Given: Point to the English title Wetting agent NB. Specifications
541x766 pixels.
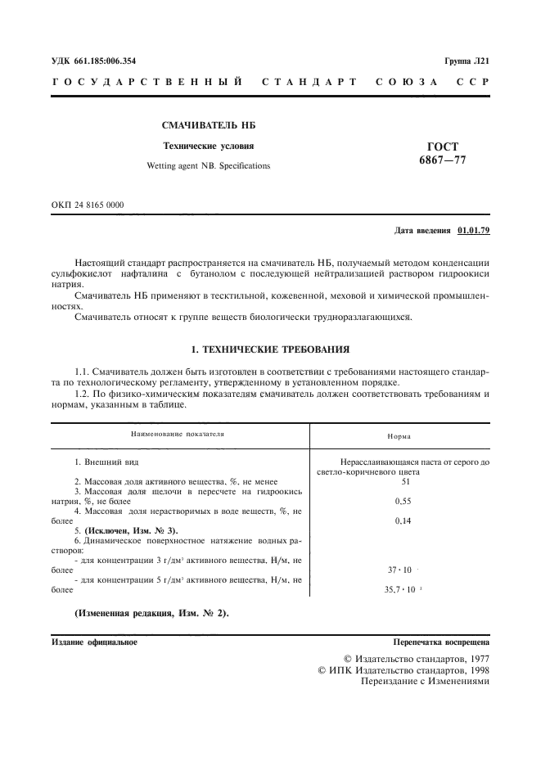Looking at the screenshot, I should point(208,165).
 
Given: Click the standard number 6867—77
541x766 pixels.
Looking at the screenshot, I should point(442,160).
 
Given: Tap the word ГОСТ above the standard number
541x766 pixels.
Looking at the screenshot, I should point(442,146).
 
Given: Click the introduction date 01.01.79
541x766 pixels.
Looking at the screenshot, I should point(474,231).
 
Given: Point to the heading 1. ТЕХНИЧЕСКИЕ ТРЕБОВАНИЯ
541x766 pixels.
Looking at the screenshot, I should point(270,327).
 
